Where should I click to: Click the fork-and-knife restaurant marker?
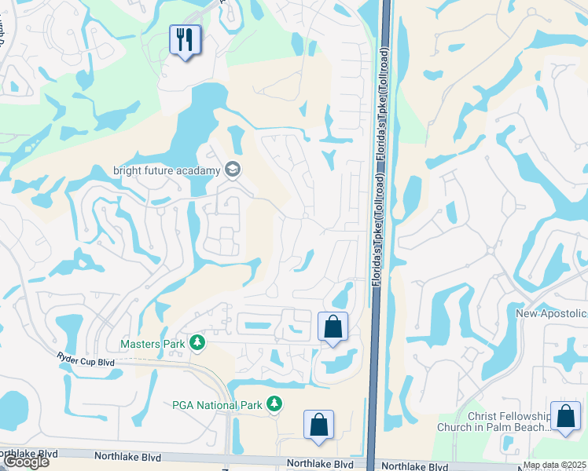click(x=186, y=40)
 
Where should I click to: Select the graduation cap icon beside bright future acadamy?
click(x=233, y=169)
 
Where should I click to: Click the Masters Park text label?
click(x=152, y=344)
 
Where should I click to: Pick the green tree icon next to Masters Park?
click(x=197, y=343)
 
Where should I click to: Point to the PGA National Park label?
click(x=216, y=405)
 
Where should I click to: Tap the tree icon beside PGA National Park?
click(x=274, y=404)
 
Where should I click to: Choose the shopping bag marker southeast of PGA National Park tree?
click(x=318, y=425)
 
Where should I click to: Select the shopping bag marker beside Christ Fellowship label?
click(x=565, y=417)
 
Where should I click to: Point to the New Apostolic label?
click(x=551, y=313)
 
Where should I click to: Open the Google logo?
click(x=26, y=462)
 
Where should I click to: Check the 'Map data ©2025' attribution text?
click(x=555, y=466)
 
